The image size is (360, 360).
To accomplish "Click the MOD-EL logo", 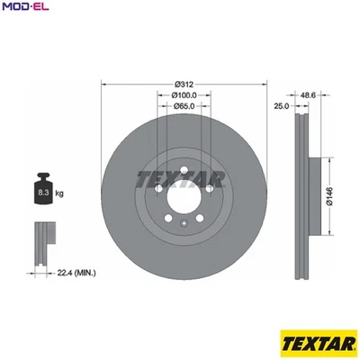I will [23, 8].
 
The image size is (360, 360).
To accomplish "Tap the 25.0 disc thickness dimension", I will [280, 106].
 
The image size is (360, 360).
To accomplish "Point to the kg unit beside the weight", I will [59, 193].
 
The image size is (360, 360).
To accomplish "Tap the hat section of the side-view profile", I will [312, 193].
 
